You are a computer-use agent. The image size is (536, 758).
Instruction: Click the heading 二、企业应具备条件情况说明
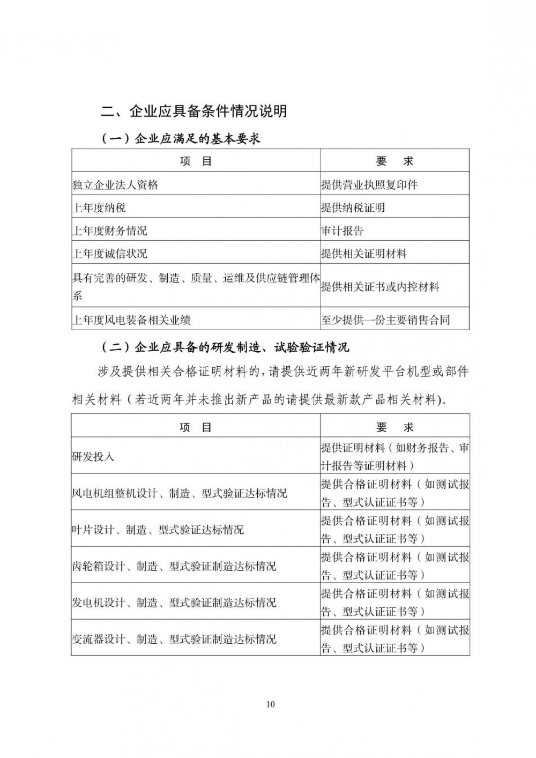(x=194, y=111)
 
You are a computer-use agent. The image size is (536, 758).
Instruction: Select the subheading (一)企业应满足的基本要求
(x=181, y=138)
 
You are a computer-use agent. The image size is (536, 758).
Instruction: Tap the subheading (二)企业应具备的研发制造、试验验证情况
(x=225, y=347)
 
